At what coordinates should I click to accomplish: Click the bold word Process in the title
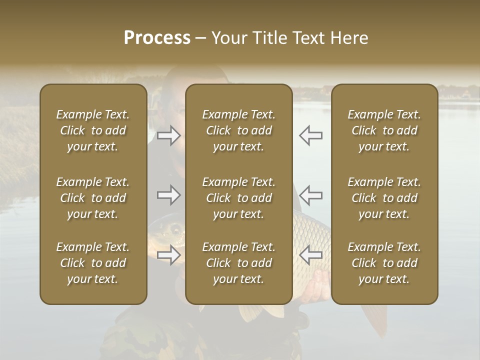157,38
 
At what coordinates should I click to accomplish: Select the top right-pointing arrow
169,135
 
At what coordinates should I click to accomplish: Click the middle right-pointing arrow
169,195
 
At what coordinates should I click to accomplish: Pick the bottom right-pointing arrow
169,255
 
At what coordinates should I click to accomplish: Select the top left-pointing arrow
310,135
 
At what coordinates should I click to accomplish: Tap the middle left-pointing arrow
310,195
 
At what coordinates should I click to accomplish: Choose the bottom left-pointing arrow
310,255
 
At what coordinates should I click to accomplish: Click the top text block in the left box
93,130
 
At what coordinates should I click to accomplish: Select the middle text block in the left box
93,198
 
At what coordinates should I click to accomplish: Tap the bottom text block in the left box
93,263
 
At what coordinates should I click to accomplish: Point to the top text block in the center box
239,130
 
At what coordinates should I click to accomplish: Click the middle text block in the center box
239,198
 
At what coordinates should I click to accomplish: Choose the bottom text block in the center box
239,263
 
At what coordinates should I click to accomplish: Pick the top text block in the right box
384,130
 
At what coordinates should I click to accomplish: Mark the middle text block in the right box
384,198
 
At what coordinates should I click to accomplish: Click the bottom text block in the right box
384,263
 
